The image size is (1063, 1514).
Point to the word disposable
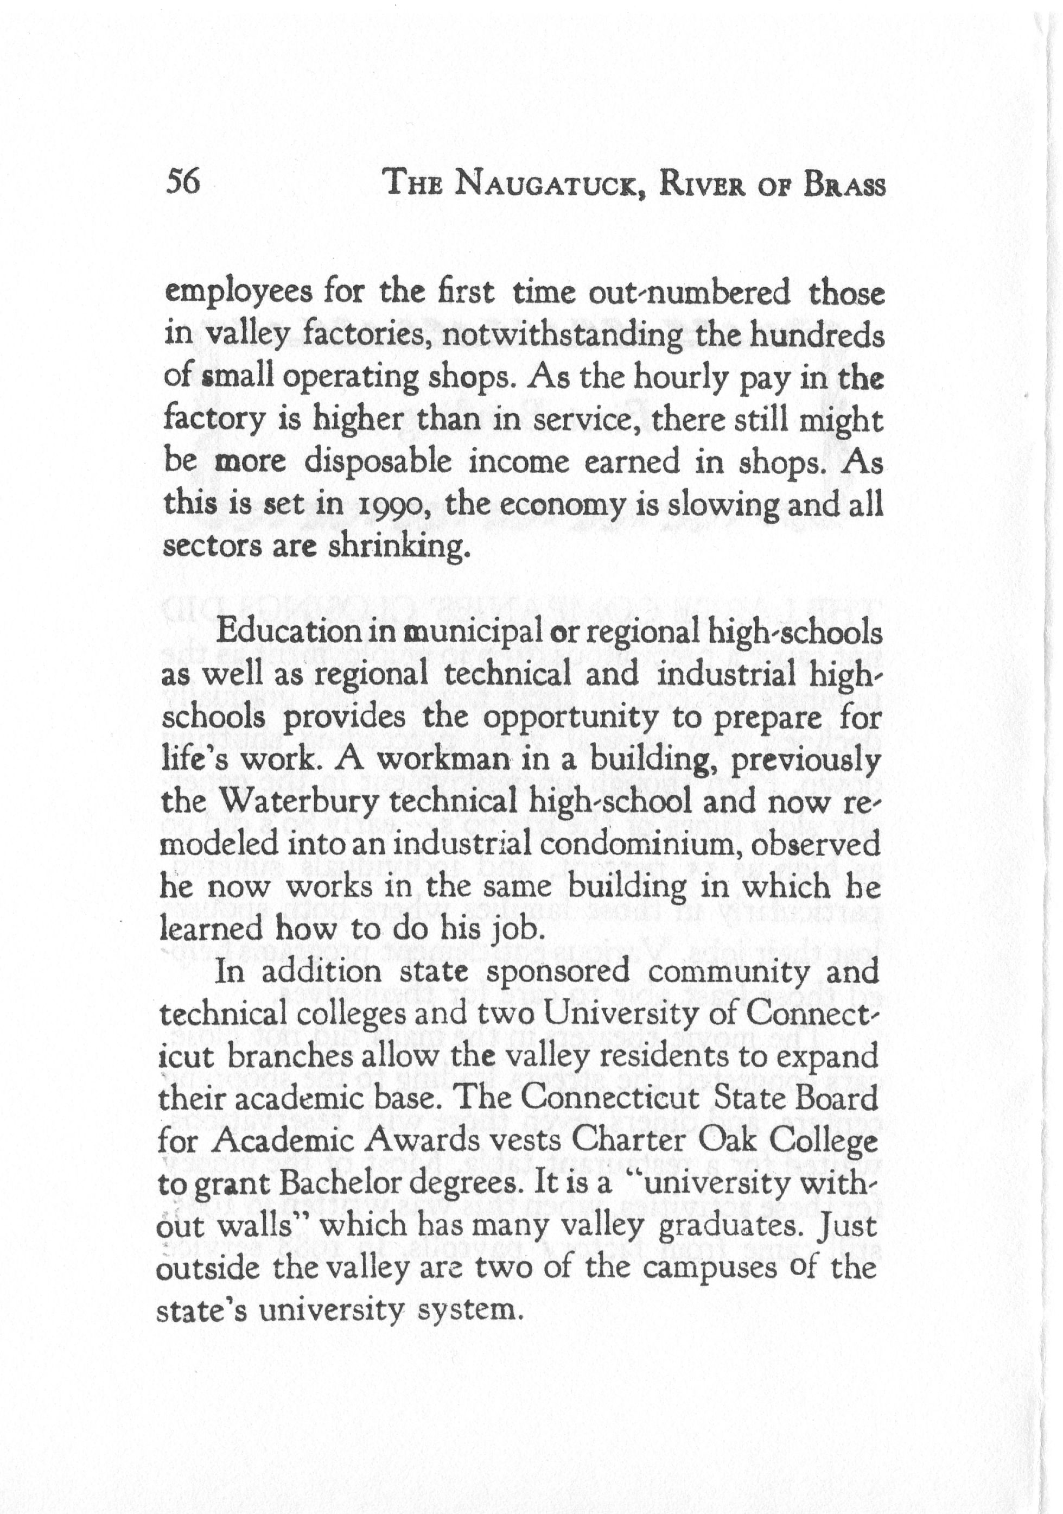point(378,463)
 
